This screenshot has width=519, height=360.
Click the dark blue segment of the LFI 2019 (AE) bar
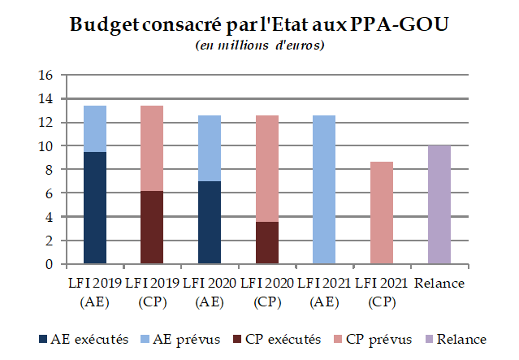click(95, 208)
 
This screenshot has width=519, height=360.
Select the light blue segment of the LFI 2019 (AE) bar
click(95, 128)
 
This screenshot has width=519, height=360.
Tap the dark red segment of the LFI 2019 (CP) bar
click(152, 228)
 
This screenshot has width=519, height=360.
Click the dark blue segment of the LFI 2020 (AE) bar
click(210, 223)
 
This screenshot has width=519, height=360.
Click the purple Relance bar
click(439, 205)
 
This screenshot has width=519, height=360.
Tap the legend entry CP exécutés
click(281, 339)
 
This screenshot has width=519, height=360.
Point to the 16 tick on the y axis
click(45, 76)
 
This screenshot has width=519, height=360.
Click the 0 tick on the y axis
click(49, 265)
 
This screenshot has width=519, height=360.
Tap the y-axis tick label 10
click(45, 146)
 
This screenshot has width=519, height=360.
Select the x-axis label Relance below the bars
click(439, 283)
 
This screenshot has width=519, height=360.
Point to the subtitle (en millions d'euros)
click(260, 45)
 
